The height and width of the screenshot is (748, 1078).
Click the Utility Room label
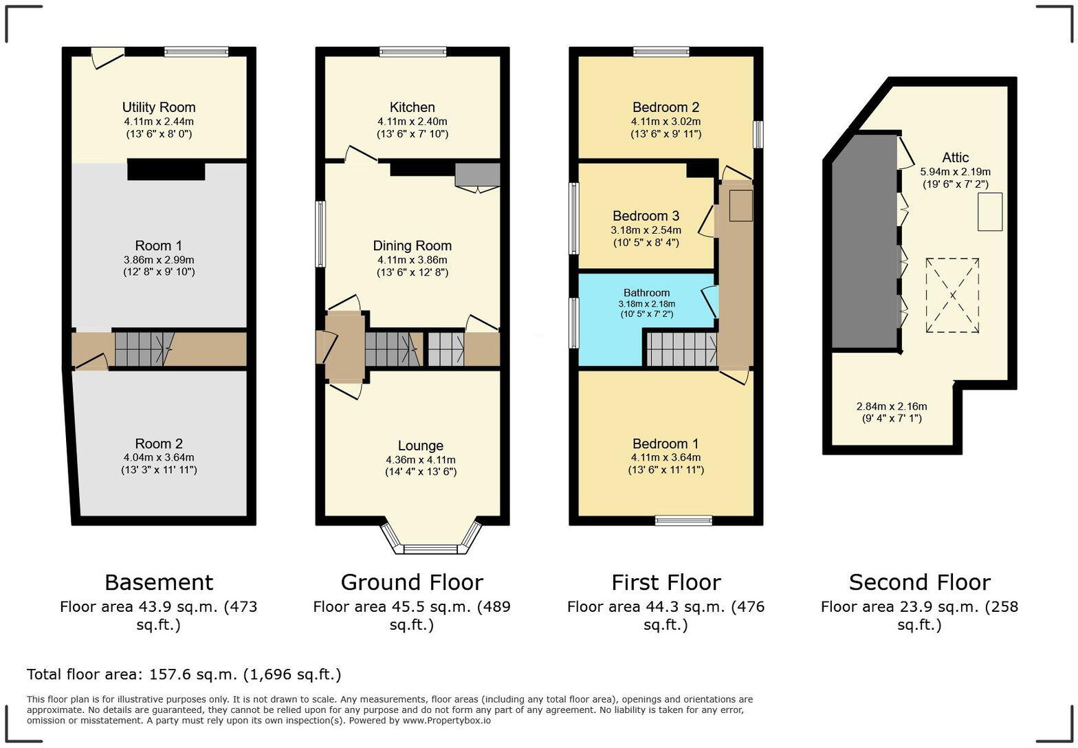point(159,107)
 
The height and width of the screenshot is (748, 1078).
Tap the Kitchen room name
point(412,107)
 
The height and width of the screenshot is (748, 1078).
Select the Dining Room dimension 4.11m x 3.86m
point(412,260)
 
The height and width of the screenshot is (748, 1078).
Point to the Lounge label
point(421,445)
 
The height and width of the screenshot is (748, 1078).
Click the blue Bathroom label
point(646,293)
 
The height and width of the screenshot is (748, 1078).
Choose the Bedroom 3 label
point(646,216)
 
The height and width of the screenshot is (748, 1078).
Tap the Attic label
point(956,157)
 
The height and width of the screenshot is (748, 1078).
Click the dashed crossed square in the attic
point(952,295)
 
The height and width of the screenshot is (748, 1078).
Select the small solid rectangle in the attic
point(990,212)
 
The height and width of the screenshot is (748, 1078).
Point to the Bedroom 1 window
point(683,520)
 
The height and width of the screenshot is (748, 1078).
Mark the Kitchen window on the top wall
point(413,52)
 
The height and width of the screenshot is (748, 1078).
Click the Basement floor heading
point(159,582)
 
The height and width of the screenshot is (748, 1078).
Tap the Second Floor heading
point(920,582)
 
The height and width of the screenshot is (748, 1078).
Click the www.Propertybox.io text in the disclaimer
point(447,720)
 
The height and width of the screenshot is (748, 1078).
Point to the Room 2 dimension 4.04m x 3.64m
point(159,458)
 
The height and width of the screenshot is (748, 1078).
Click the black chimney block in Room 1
point(166,170)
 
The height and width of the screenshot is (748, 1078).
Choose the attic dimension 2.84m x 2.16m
point(892,406)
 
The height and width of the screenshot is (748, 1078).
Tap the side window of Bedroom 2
point(758,134)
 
